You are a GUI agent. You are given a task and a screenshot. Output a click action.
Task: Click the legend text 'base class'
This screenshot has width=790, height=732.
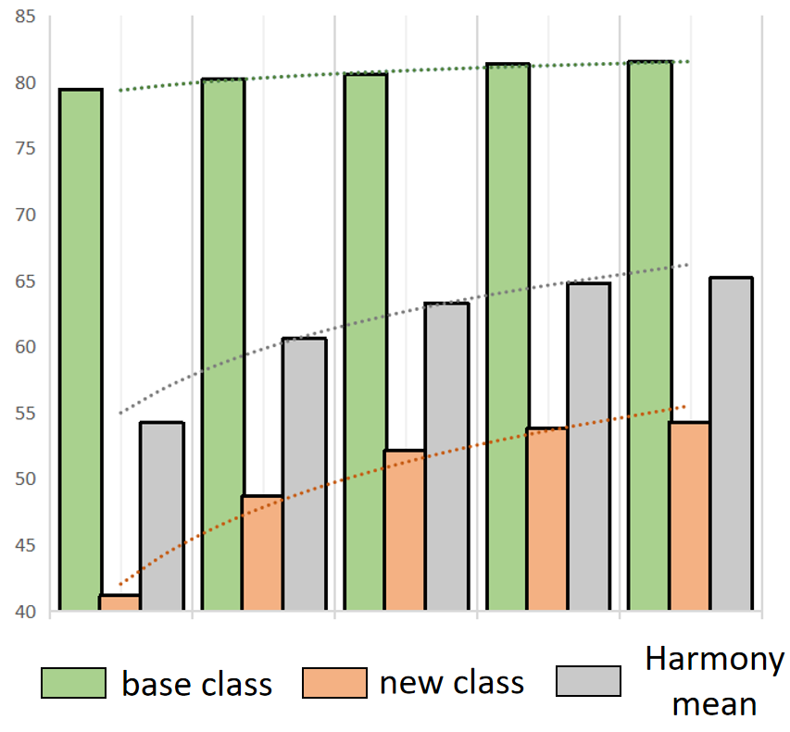tap(197, 684)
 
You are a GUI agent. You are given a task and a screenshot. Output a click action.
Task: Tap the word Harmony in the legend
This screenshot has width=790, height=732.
tap(714, 661)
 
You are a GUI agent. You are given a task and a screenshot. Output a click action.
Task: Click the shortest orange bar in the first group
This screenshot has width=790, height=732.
tap(119, 602)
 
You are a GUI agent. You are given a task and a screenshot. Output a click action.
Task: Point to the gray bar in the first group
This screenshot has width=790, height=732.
tap(162, 516)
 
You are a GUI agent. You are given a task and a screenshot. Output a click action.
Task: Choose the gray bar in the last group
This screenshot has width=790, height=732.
tap(731, 444)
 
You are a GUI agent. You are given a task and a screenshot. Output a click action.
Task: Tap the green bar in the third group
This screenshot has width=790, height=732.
tap(366, 342)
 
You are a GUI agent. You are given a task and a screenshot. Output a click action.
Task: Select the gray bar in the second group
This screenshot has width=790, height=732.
tap(305, 474)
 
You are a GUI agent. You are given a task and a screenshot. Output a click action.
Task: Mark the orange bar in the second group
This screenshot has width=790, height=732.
tap(263, 553)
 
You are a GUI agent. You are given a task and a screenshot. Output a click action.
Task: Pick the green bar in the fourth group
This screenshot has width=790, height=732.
tap(508, 338)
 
